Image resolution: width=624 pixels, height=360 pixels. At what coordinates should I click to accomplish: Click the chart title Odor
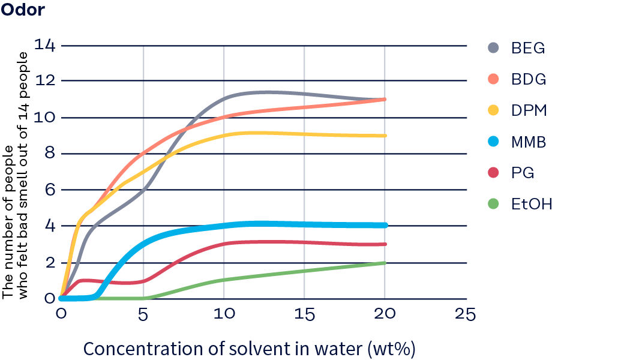22,10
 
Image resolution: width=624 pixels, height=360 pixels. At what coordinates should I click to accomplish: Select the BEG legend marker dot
493,48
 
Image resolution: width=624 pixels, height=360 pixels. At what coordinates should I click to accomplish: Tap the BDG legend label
528,79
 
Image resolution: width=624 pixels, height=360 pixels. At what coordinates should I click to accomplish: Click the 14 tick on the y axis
45,44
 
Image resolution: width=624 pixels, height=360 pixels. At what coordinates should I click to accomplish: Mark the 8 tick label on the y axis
49,154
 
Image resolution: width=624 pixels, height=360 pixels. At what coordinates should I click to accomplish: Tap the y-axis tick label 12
45,81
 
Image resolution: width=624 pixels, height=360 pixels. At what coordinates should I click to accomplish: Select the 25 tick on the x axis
465,314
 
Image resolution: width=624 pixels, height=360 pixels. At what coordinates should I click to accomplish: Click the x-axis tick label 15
304,314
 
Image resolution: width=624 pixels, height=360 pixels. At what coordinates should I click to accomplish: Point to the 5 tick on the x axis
143,314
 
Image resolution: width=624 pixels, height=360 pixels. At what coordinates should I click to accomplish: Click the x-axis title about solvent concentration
249,348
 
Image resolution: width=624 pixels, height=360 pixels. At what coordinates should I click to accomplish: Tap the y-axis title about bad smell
16,174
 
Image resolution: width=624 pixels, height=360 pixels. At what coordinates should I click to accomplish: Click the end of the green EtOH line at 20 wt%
384,263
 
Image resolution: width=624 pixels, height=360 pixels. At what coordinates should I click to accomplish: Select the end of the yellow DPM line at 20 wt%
384,136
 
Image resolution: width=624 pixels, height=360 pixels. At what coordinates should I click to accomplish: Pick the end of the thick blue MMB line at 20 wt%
385,225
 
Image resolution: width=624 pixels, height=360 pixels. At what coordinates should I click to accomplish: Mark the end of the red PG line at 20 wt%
384,244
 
